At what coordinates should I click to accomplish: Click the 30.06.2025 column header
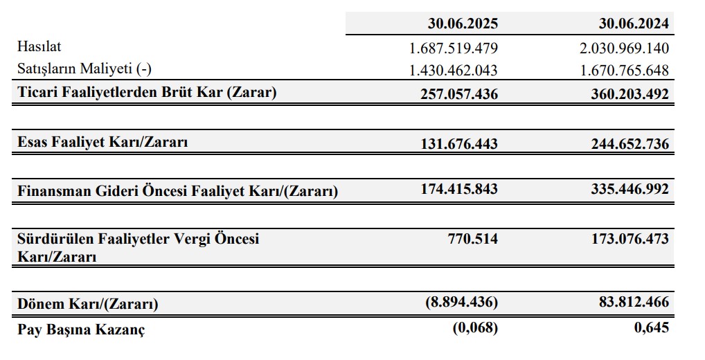pos(463,24)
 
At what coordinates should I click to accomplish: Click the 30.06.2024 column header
pos(634,24)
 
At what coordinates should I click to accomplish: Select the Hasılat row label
pos(39,46)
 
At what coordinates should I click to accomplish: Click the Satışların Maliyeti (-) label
pos(84,69)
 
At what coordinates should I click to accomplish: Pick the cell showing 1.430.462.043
pos(454,71)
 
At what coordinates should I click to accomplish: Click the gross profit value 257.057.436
pos(458,93)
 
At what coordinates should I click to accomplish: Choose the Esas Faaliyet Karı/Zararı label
pos(102,143)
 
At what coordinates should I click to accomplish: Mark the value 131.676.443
pos(458,144)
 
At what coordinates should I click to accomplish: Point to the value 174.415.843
pos(458,188)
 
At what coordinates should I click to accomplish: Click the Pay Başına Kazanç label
pos(81,329)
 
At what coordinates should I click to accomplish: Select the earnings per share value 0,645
pos(652,327)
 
